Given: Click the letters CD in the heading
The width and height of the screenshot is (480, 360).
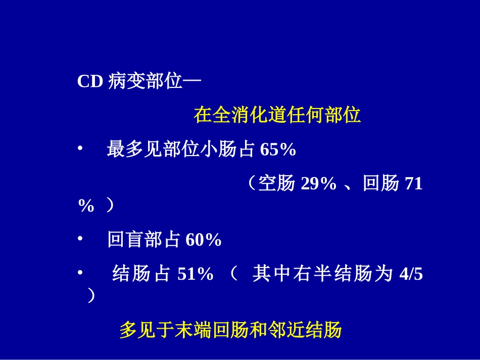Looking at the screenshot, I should click(x=90, y=82).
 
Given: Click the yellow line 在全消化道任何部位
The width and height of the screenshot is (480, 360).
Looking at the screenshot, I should click(x=277, y=115).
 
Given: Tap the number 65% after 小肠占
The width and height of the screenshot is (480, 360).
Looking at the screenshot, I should click(x=278, y=150).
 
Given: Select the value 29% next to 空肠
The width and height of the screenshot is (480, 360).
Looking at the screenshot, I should click(x=318, y=184).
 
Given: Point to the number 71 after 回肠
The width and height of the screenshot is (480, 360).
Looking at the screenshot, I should click(x=414, y=184).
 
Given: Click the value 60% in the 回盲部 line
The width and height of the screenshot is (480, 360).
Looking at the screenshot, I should click(x=204, y=240).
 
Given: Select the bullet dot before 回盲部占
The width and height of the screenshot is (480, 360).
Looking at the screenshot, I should click(x=80, y=239).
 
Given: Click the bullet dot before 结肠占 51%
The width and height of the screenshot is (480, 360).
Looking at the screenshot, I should click(x=80, y=273).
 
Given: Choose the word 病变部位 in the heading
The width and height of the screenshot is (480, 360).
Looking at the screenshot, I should click(x=145, y=82).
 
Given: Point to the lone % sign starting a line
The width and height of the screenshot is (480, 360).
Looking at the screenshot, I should click(x=86, y=206).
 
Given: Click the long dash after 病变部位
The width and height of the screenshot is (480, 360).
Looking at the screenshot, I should click(x=191, y=82).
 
